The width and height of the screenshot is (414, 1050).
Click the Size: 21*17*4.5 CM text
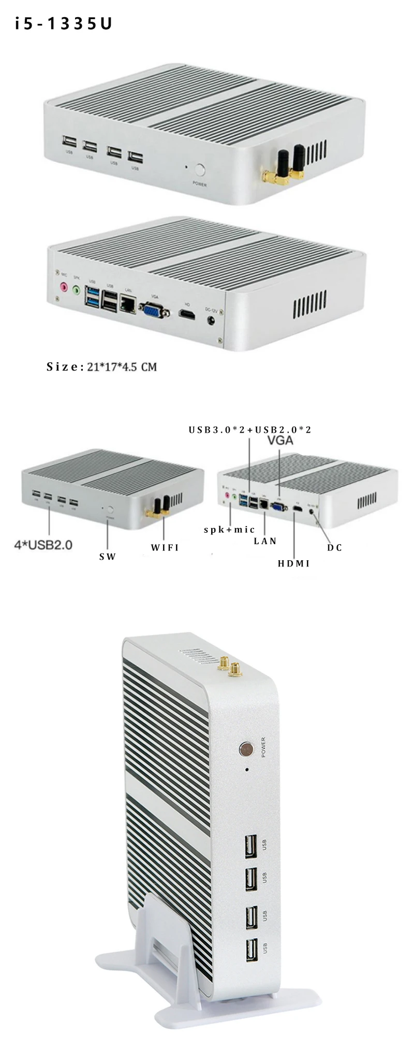[101, 367]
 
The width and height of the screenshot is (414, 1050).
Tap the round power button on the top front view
[200, 170]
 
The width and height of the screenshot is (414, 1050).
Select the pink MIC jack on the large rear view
[64, 286]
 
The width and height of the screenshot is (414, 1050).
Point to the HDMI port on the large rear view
[187, 314]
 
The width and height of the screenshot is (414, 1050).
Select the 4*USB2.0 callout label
[43, 545]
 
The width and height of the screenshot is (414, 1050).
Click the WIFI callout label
[165, 547]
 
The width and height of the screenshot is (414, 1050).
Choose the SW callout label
[108, 557]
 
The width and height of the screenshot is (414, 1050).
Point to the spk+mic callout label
[229, 529]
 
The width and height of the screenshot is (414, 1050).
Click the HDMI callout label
[293, 563]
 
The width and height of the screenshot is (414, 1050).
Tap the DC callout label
[335, 547]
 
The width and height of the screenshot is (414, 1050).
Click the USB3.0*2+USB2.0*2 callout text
[249, 430]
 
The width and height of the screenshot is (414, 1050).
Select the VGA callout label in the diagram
[280, 441]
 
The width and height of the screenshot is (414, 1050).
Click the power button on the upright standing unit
[246, 749]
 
